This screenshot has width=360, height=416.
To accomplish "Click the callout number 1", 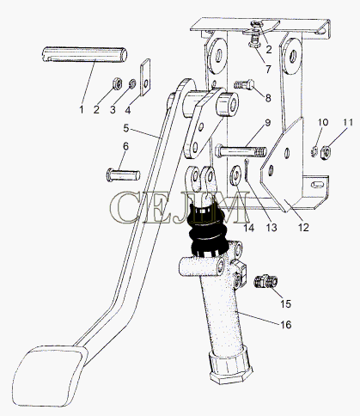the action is click(x=82, y=109).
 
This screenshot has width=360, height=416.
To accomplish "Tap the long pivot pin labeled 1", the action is click(x=85, y=54).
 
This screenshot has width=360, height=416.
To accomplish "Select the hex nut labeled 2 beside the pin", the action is click(x=117, y=83).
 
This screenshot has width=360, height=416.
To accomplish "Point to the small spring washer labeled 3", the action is click(x=132, y=83).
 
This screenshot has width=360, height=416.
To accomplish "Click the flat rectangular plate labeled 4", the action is click(x=145, y=76).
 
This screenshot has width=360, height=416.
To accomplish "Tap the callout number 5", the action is click(x=126, y=128).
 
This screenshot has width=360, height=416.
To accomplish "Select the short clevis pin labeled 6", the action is click(x=123, y=174).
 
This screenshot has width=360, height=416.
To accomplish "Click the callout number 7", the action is click(x=268, y=69).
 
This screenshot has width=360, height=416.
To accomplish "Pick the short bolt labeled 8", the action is click(x=244, y=84).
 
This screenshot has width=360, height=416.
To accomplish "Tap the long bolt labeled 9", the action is click(x=241, y=151).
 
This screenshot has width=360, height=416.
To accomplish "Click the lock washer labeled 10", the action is click(x=314, y=151).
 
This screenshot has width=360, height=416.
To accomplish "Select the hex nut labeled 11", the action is click(x=326, y=152).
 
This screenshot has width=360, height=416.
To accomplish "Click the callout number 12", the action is click(x=303, y=228).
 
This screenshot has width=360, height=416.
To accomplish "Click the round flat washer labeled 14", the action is click(x=235, y=174).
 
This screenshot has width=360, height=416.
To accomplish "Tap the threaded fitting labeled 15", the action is click(x=266, y=281).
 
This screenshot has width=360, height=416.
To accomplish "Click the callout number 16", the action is click(x=285, y=325).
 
